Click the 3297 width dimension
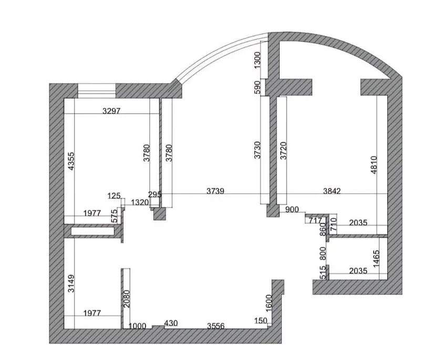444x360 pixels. tap(111, 111)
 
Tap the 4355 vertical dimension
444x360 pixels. tap(71, 161)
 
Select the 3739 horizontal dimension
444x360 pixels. tap(215, 191)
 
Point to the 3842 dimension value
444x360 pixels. tap(332, 191)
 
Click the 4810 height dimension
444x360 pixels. tap(374, 165)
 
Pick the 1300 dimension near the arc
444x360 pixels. tap(257, 60)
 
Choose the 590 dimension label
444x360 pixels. tap(257, 88)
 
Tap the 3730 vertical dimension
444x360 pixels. tap(257, 150)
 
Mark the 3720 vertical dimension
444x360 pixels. tap(283, 150)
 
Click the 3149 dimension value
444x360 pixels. tap(71, 283)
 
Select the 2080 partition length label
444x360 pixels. tap(127, 299)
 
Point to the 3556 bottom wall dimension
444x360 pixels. tap(216, 326)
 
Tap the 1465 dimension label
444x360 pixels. tap(376, 259)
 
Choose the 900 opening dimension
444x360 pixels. tap(292, 210)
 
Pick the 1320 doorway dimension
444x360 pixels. tap(140, 202)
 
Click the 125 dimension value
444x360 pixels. tap(114, 196)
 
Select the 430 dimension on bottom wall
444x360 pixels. tap(171, 323)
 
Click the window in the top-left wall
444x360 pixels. tap(97, 90)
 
